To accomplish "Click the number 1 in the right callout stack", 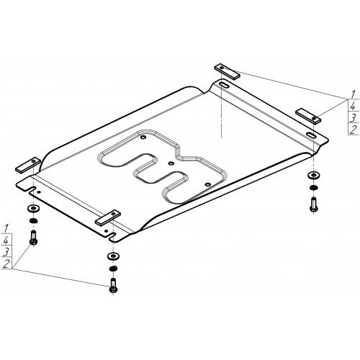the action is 353,94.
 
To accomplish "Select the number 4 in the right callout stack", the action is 353,106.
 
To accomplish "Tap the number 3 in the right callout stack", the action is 353,118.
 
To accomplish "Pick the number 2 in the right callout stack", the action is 353,130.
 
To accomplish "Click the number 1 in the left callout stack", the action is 6,228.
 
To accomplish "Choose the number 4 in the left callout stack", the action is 6,240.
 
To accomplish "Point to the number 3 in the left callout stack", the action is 6,252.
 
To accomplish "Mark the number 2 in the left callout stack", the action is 6,264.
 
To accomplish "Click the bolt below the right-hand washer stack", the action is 314,204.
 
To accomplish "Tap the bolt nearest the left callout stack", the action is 34,238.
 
